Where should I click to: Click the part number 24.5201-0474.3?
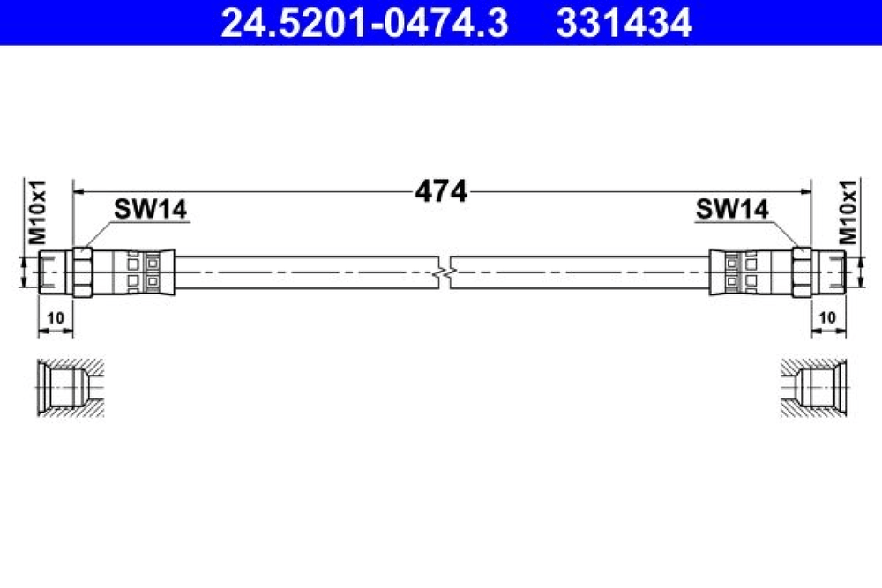pos(364,23)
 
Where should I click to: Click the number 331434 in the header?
pos(624,23)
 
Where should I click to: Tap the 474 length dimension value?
pos(441,191)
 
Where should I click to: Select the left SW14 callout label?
pos(150,209)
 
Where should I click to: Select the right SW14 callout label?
pos(732,209)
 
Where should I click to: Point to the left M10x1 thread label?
pos(37,212)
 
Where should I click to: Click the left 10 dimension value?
pos(55,318)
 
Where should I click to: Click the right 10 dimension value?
pos(827,318)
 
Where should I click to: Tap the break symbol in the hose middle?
pos(445,273)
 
